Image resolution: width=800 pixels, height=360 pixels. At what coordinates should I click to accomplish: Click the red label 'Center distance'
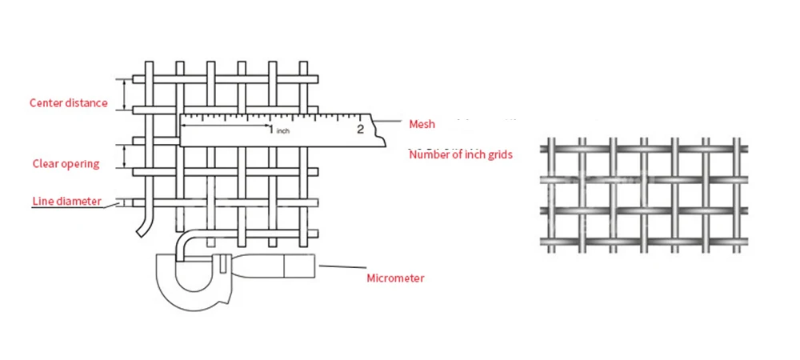(x=68, y=103)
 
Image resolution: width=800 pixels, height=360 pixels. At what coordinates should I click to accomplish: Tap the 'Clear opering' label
(x=66, y=164)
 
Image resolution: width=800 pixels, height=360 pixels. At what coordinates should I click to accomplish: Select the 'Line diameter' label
(x=67, y=201)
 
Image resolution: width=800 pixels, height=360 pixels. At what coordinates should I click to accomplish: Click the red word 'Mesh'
(x=422, y=124)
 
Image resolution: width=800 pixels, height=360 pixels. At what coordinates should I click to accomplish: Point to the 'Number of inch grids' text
(x=460, y=154)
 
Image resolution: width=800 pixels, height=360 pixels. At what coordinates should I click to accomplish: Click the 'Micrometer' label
(x=395, y=278)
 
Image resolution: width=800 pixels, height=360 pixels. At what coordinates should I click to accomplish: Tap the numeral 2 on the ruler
(x=360, y=128)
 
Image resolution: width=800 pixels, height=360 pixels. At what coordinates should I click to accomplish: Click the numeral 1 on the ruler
(x=270, y=129)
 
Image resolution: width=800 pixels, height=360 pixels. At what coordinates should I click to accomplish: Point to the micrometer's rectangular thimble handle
(x=299, y=265)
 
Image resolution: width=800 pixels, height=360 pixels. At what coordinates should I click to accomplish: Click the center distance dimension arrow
(x=124, y=94)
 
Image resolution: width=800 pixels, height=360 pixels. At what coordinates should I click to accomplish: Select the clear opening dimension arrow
(x=124, y=155)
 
